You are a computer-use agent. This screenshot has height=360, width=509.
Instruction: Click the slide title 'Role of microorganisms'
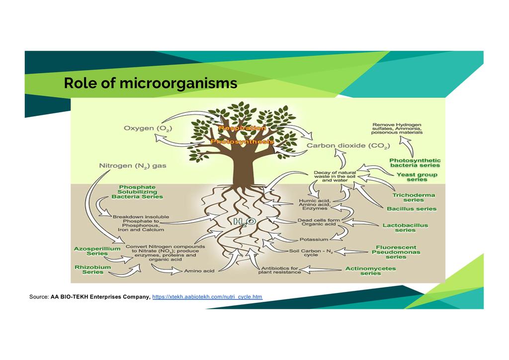[x=150, y=83]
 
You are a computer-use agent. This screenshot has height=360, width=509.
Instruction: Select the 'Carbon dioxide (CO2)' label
[x=348, y=146]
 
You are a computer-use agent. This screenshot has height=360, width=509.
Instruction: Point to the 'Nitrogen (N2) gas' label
[x=133, y=166]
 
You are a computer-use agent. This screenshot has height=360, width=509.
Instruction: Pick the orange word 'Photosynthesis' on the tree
[x=242, y=142]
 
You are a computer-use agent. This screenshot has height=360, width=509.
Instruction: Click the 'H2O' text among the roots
[x=245, y=222]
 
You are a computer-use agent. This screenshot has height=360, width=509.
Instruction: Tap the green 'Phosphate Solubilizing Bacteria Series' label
[x=137, y=192]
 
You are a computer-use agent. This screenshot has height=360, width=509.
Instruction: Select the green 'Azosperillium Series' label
[x=90, y=251]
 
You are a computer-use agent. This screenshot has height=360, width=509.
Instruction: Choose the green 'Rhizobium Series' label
[x=92, y=270]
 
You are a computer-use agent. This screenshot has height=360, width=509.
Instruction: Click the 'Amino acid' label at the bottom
[x=199, y=271]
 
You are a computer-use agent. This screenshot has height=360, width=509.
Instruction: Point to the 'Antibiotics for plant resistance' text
[x=280, y=270]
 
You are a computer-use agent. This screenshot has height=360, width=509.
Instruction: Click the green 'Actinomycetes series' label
[x=370, y=270]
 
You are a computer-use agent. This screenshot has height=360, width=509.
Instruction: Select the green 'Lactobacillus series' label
[x=405, y=228]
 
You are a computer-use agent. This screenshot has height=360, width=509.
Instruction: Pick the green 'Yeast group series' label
[x=417, y=177]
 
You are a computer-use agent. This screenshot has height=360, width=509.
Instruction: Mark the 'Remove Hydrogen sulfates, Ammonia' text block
[x=398, y=128]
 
